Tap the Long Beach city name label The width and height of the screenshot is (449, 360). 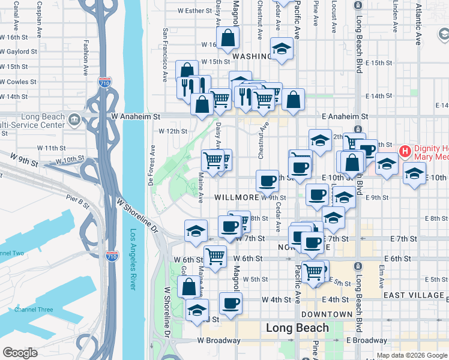click(297, 328)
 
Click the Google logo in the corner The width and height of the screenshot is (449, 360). click(20, 353)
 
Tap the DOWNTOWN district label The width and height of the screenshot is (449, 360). click(327, 314)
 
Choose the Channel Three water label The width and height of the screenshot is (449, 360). click(34, 310)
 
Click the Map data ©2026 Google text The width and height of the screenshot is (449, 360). click(411, 355)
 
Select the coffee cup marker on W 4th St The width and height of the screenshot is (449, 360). click(230, 303)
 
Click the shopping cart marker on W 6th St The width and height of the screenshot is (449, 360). click(215, 256)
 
